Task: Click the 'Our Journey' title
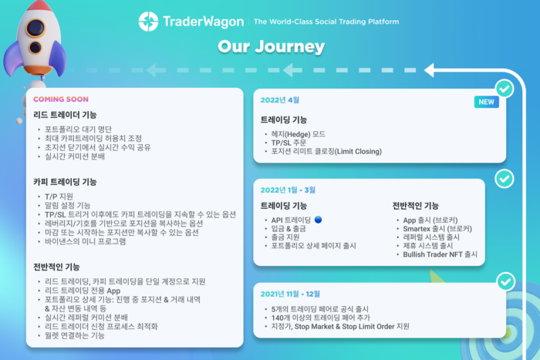coord(270,47)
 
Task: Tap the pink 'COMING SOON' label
coord(60,99)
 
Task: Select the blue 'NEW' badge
coord(486,102)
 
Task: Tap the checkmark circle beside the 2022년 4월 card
coord(504,89)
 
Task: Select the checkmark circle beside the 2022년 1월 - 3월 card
coord(504,179)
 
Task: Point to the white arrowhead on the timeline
coord(432,70)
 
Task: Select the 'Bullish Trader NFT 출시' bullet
coord(440,254)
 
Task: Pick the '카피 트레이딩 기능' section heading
coord(65,182)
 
